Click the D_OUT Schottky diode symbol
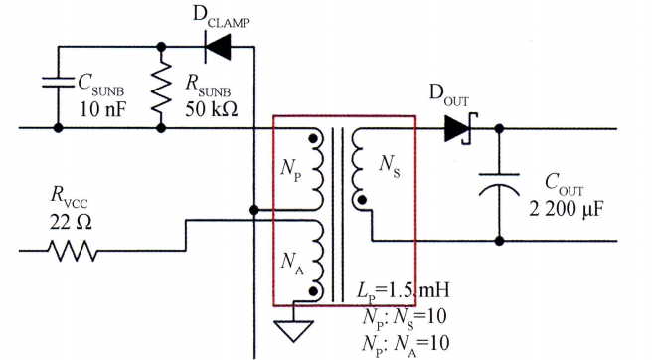coord(457,128)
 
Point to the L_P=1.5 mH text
coord(403,291)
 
